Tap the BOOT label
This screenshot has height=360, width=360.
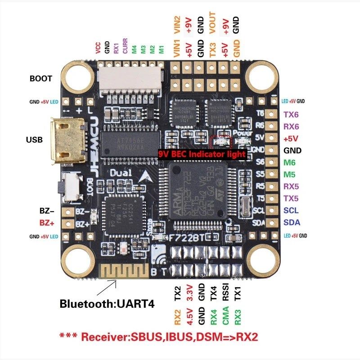[40, 78]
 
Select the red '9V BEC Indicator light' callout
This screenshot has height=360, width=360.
[202, 154]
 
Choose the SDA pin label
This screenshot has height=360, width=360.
[292, 222]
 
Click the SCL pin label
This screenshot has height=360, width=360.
[291, 210]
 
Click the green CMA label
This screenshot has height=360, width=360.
[225, 316]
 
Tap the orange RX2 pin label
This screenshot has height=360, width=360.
[177, 316]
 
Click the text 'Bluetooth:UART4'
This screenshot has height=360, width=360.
[107, 304]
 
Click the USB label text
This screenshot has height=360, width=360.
[34, 140]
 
